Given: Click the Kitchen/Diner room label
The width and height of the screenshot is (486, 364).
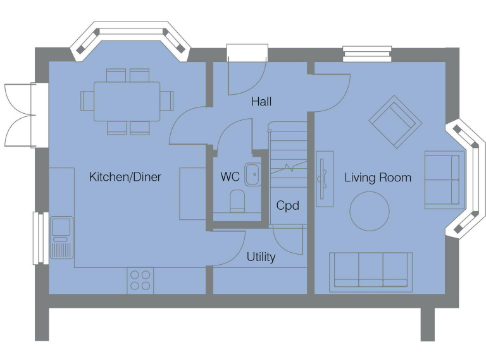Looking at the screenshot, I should [125, 177].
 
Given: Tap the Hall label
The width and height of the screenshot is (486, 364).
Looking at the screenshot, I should [261, 101].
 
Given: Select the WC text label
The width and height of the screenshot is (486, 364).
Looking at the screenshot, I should [230, 177].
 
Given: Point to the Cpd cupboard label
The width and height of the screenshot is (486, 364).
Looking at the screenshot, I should [287, 205].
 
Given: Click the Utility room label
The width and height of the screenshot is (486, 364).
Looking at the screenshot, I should [261, 257].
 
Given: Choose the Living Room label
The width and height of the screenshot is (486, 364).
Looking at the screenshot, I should [377, 178].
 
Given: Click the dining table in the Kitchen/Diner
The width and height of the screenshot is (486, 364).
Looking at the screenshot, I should [127, 101].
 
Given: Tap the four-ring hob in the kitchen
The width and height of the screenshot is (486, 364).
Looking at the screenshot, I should [140, 280].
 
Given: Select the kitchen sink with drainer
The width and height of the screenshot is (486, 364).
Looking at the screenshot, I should [61, 238].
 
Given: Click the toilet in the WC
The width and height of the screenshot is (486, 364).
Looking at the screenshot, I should [237, 201].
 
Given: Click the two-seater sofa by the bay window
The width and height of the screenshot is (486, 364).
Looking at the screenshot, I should [442, 179].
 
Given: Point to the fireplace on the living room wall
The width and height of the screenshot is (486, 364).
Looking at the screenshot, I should [325, 178].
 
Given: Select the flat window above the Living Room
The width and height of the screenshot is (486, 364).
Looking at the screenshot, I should [367, 54].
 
